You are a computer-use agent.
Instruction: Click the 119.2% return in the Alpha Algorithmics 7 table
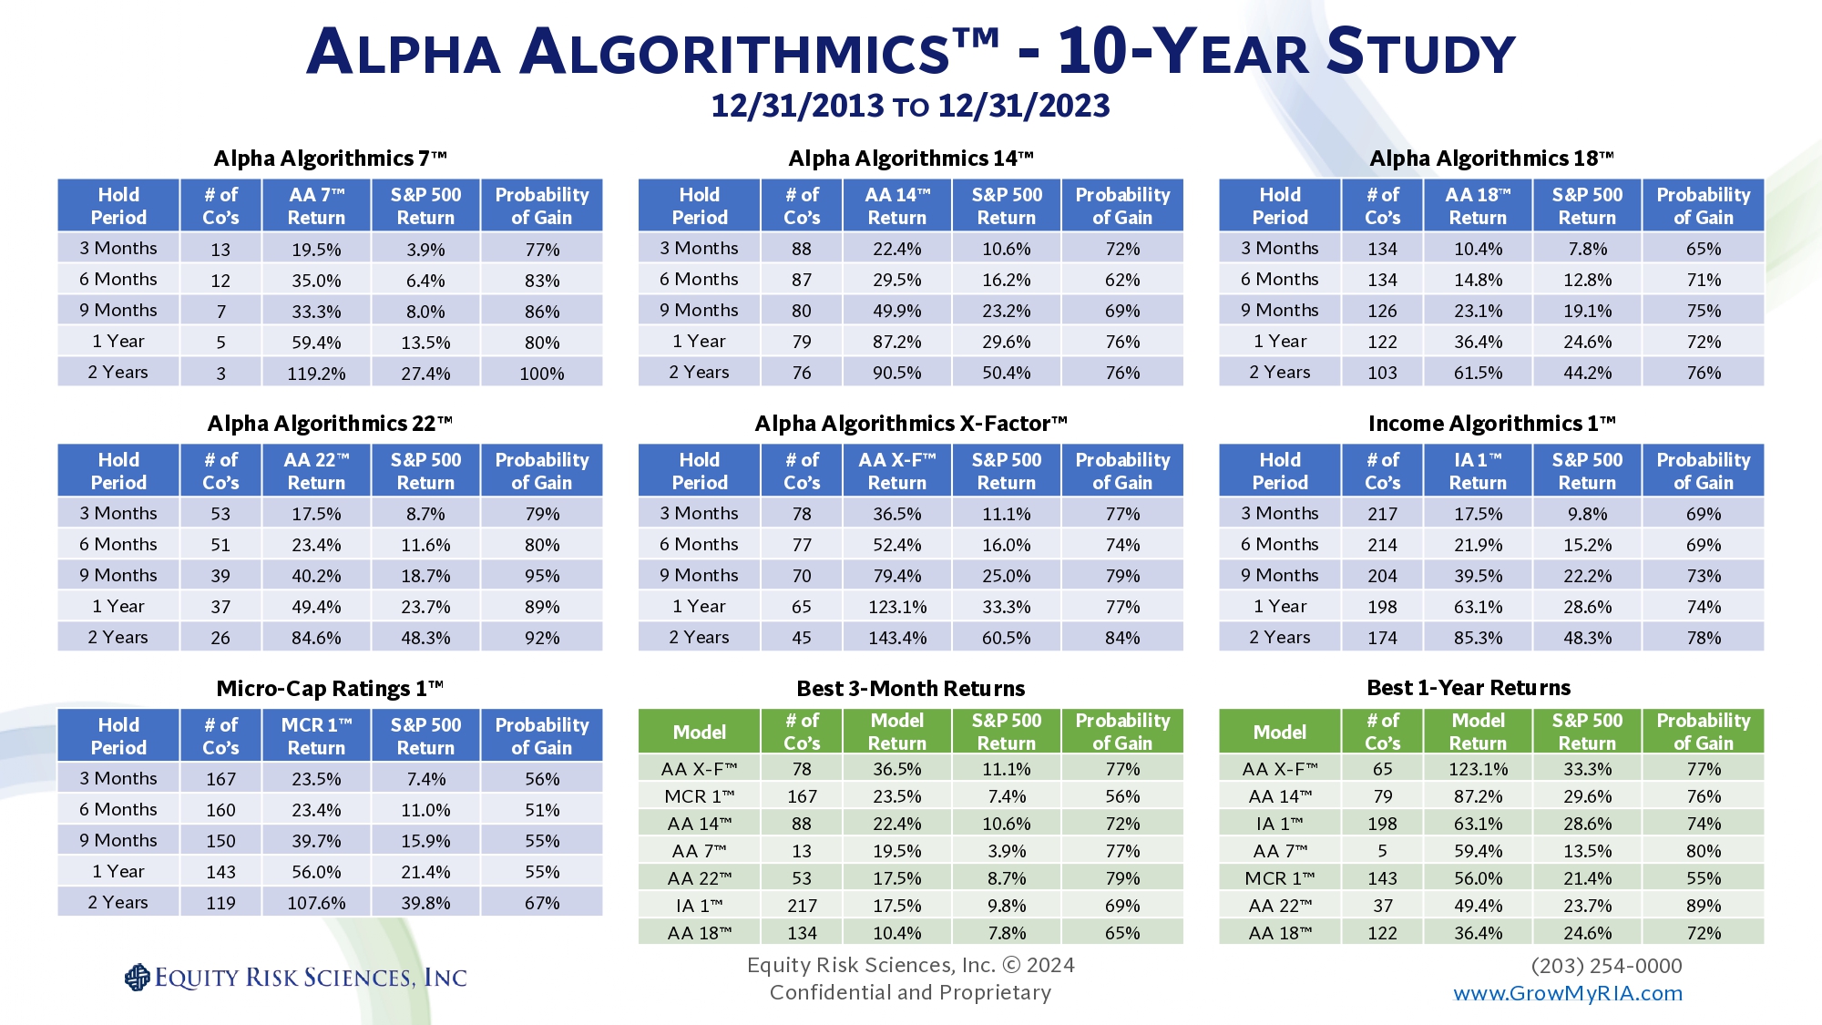point(316,374)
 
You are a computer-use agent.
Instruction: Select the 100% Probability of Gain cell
point(542,374)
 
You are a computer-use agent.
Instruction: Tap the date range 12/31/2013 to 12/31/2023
point(910,106)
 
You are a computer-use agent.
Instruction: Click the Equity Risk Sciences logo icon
point(137,978)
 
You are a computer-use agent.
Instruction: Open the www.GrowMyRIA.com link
point(1568,993)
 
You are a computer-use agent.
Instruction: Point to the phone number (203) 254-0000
point(1606,966)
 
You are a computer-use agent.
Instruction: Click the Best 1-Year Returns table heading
point(1469,688)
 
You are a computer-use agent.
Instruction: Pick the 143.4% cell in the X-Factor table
point(897,638)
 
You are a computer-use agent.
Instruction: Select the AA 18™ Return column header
point(1478,206)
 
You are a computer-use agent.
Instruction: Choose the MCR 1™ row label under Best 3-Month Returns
point(699,796)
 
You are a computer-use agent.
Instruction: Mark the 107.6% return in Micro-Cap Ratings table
point(316,903)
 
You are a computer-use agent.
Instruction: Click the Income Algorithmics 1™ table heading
point(1491,424)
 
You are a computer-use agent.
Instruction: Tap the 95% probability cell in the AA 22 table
point(542,576)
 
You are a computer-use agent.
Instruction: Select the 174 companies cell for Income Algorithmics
point(1382,638)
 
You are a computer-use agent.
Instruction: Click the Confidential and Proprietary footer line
point(910,992)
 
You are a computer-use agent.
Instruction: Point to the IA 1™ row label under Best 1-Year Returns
point(1279,824)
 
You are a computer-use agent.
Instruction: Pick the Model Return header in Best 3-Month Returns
point(897,732)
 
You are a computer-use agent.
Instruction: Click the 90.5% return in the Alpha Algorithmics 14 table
point(897,373)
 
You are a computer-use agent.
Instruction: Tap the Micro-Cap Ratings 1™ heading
point(330,689)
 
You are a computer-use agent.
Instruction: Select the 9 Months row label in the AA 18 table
point(1279,311)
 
